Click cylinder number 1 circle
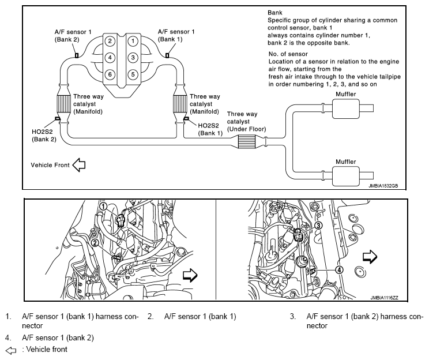[x=133, y=41]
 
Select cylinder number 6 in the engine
[x=109, y=74]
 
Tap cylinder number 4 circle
[x=109, y=58]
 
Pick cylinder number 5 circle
[x=133, y=74]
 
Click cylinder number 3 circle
[x=133, y=58]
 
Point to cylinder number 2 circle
[x=109, y=41]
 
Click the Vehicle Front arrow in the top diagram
[x=78, y=165]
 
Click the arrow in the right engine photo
[x=368, y=256]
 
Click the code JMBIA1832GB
[x=383, y=186]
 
